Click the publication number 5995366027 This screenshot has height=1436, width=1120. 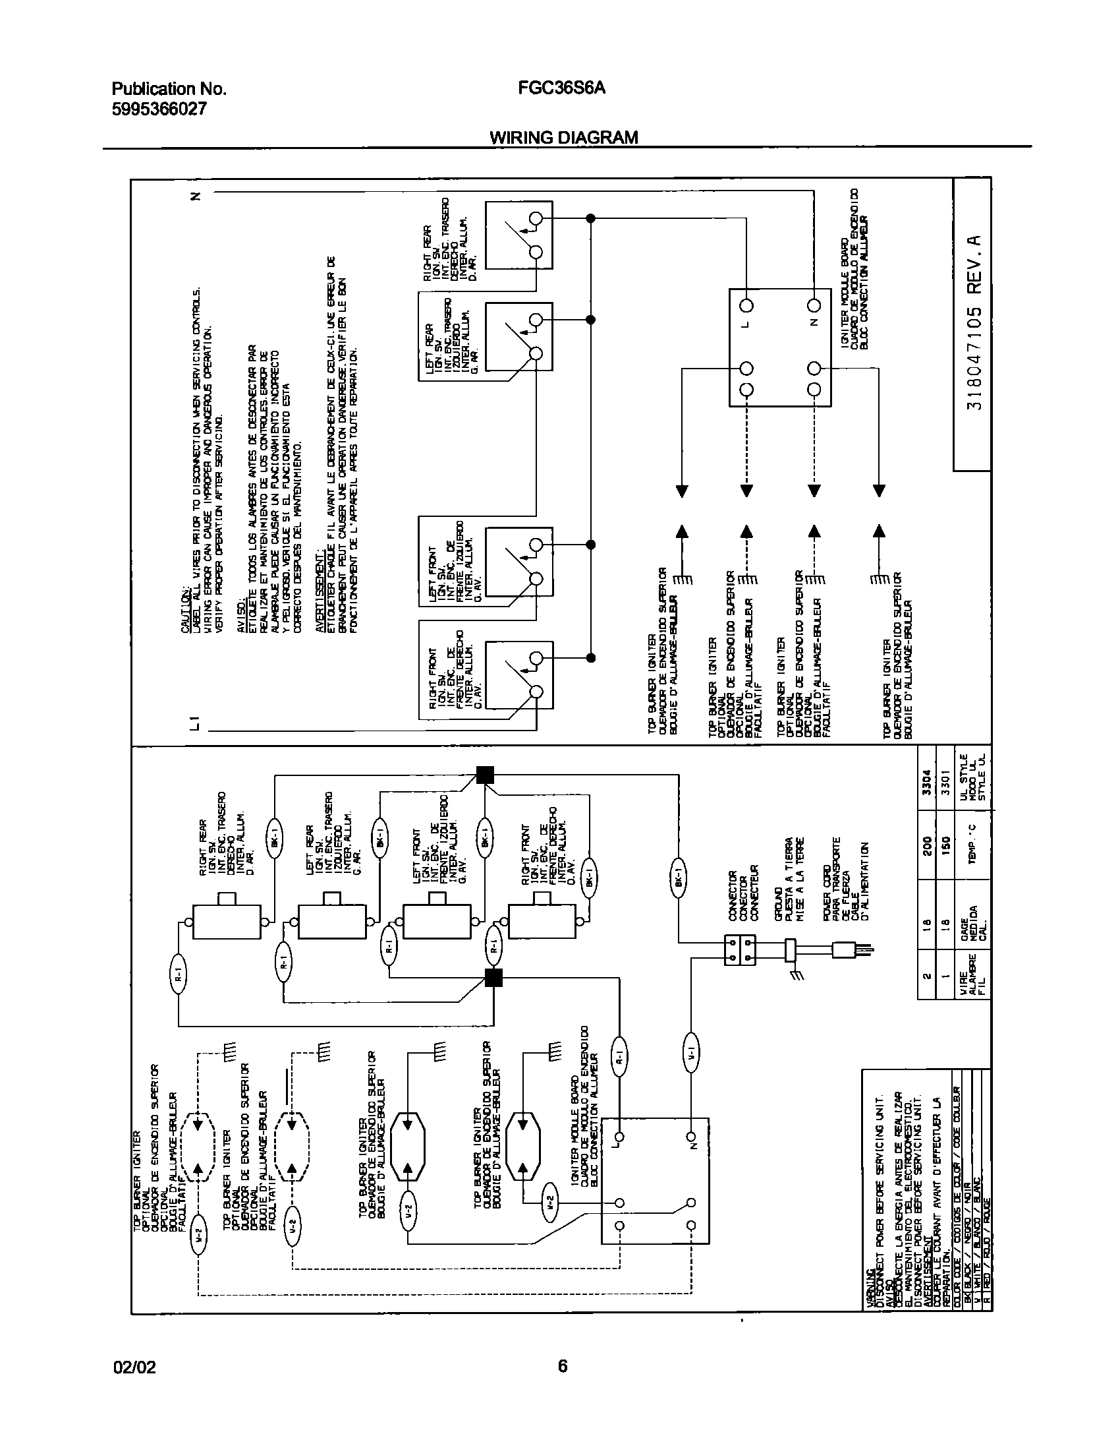(x=159, y=109)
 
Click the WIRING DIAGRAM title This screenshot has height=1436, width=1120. (x=563, y=137)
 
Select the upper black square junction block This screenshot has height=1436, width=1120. (x=484, y=775)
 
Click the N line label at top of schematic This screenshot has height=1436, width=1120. (x=195, y=196)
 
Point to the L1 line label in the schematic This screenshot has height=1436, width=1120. (x=195, y=723)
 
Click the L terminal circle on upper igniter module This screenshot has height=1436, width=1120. (x=746, y=305)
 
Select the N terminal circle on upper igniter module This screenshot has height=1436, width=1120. (x=814, y=305)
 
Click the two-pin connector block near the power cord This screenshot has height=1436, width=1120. (x=739, y=949)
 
